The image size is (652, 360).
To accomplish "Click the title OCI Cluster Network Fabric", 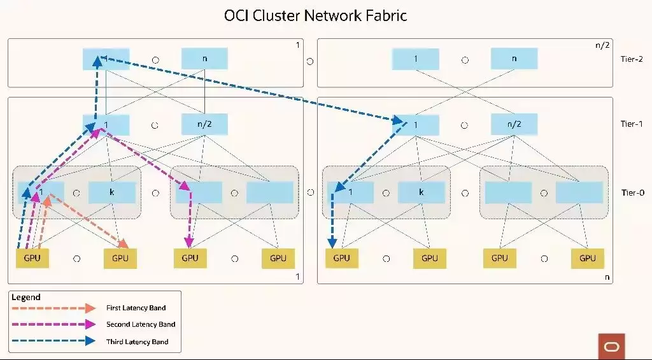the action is [315, 16].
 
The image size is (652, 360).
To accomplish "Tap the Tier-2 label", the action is [632, 59].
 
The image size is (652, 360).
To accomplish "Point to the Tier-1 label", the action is [632, 124].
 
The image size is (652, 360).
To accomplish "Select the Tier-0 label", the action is [632, 192].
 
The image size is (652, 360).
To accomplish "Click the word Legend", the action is [25, 297].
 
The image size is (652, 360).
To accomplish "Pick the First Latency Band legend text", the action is [136, 308].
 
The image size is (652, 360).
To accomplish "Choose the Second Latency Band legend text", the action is [141, 324].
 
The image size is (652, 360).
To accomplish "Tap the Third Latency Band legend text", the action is [138, 342].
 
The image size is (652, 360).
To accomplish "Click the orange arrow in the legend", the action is [54, 308].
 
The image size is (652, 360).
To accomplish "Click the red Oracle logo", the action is [612, 347].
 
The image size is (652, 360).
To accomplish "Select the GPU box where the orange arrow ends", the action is [120, 259].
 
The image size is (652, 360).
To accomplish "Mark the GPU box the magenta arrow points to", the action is [190, 258].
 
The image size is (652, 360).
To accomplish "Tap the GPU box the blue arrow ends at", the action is [341, 258].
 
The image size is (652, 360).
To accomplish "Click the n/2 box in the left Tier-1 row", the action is [204, 124].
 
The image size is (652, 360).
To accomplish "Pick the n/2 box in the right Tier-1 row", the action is [514, 124].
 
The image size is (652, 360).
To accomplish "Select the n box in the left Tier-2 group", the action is [204, 59].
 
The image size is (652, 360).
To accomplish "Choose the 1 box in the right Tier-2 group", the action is [415, 59].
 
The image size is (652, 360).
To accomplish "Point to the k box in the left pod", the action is [112, 192].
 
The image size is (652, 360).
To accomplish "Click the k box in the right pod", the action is [422, 192].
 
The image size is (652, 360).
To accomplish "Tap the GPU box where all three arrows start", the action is [32, 258].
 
